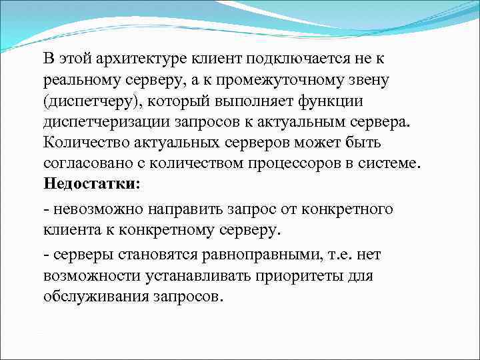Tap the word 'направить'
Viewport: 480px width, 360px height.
pyautogui.click(x=179, y=210)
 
